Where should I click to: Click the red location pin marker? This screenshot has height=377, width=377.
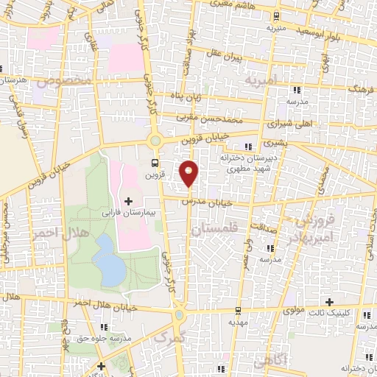190,172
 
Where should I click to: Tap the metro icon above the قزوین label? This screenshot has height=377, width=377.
154,163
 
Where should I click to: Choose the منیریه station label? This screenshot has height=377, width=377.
276,24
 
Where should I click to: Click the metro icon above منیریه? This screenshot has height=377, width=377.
276,14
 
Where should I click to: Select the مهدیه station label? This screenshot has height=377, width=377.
237,323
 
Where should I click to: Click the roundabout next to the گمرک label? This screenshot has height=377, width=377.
179,317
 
